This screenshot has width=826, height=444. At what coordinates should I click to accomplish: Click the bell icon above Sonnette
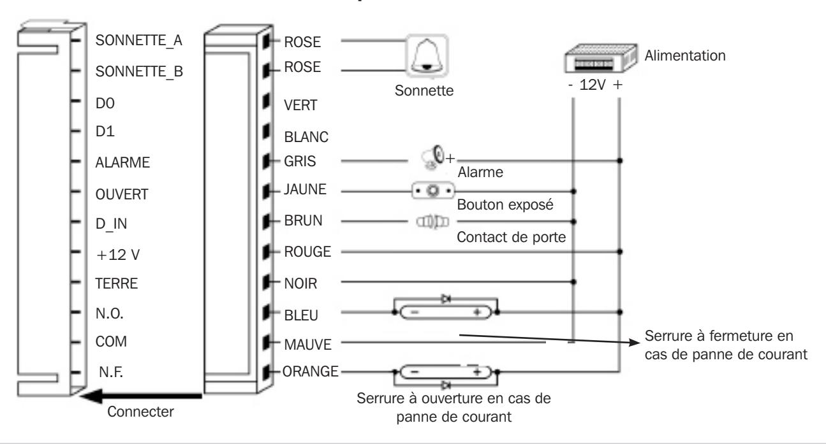pos(427,55)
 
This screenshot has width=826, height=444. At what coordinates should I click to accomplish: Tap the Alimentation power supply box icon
pos(601,58)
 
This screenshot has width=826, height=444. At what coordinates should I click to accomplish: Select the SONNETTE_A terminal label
pos(138,41)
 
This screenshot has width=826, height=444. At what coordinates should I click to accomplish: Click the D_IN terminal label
pos(111,224)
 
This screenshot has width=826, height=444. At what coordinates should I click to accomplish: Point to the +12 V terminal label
pos(117,255)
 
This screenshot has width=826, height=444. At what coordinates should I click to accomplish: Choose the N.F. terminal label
pos(110,372)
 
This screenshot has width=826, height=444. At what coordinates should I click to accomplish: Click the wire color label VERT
pos(300,105)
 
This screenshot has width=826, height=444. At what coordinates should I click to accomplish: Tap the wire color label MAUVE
pos(308,345)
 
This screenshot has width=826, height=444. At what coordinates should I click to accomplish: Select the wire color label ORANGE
pos(311,371)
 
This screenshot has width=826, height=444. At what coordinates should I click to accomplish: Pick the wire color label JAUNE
pos(305,189)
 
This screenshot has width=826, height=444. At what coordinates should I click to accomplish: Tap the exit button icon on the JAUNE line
pos(433,190)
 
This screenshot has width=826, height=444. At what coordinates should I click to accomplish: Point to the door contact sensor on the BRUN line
pos(432,222)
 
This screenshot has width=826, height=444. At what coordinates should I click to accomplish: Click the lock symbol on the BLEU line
pos(446,312)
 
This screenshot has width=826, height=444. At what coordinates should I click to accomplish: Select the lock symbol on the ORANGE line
pos(446,372)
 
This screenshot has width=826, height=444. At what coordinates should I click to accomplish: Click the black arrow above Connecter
pos(140,396)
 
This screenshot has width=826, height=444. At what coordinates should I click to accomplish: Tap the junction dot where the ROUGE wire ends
pos(620,252)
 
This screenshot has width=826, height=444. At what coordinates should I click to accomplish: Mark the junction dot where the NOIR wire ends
pos(573,282)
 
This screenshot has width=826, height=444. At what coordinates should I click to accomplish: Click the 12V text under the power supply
pos(593,85)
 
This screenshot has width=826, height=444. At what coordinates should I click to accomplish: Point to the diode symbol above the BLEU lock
pos(446,299)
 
